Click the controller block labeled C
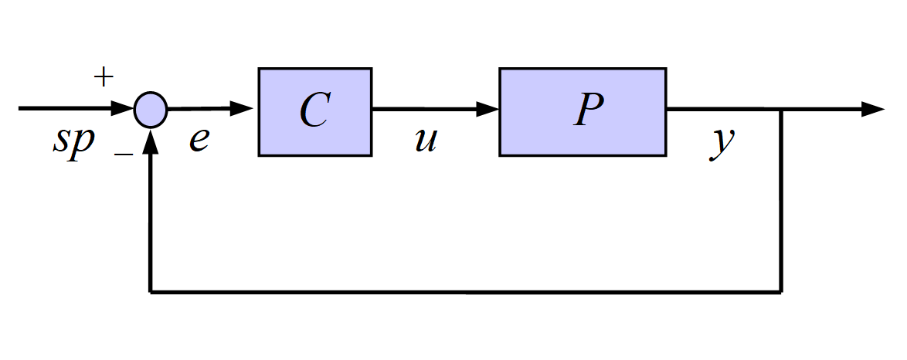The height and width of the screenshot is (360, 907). pos(315,112)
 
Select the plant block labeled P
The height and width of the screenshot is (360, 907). pos(583,112)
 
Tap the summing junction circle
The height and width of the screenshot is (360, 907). pos(151,110)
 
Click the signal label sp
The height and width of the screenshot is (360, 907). pos(73,141)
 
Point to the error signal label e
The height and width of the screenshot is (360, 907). pos(199,141)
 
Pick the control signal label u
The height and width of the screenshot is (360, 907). pos(426,141)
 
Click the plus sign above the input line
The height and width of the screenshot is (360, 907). pos(103,77)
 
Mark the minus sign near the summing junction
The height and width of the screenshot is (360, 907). pos(123,154)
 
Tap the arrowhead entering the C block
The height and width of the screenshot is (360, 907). pos(242,108)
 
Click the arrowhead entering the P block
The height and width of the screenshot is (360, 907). pos(487,109)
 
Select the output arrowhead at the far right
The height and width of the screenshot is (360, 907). pos(873,109)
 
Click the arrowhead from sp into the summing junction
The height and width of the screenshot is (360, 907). pos(123,108)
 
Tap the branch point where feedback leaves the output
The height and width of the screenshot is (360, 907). pos(782,109)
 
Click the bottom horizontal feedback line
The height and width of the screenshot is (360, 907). pos(466,292)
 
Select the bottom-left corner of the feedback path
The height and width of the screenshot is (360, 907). pos(151,292)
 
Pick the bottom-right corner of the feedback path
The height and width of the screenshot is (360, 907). pos(782,292)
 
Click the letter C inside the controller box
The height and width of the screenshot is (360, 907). pos(315,110)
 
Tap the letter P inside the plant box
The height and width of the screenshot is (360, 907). pos(589,109)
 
